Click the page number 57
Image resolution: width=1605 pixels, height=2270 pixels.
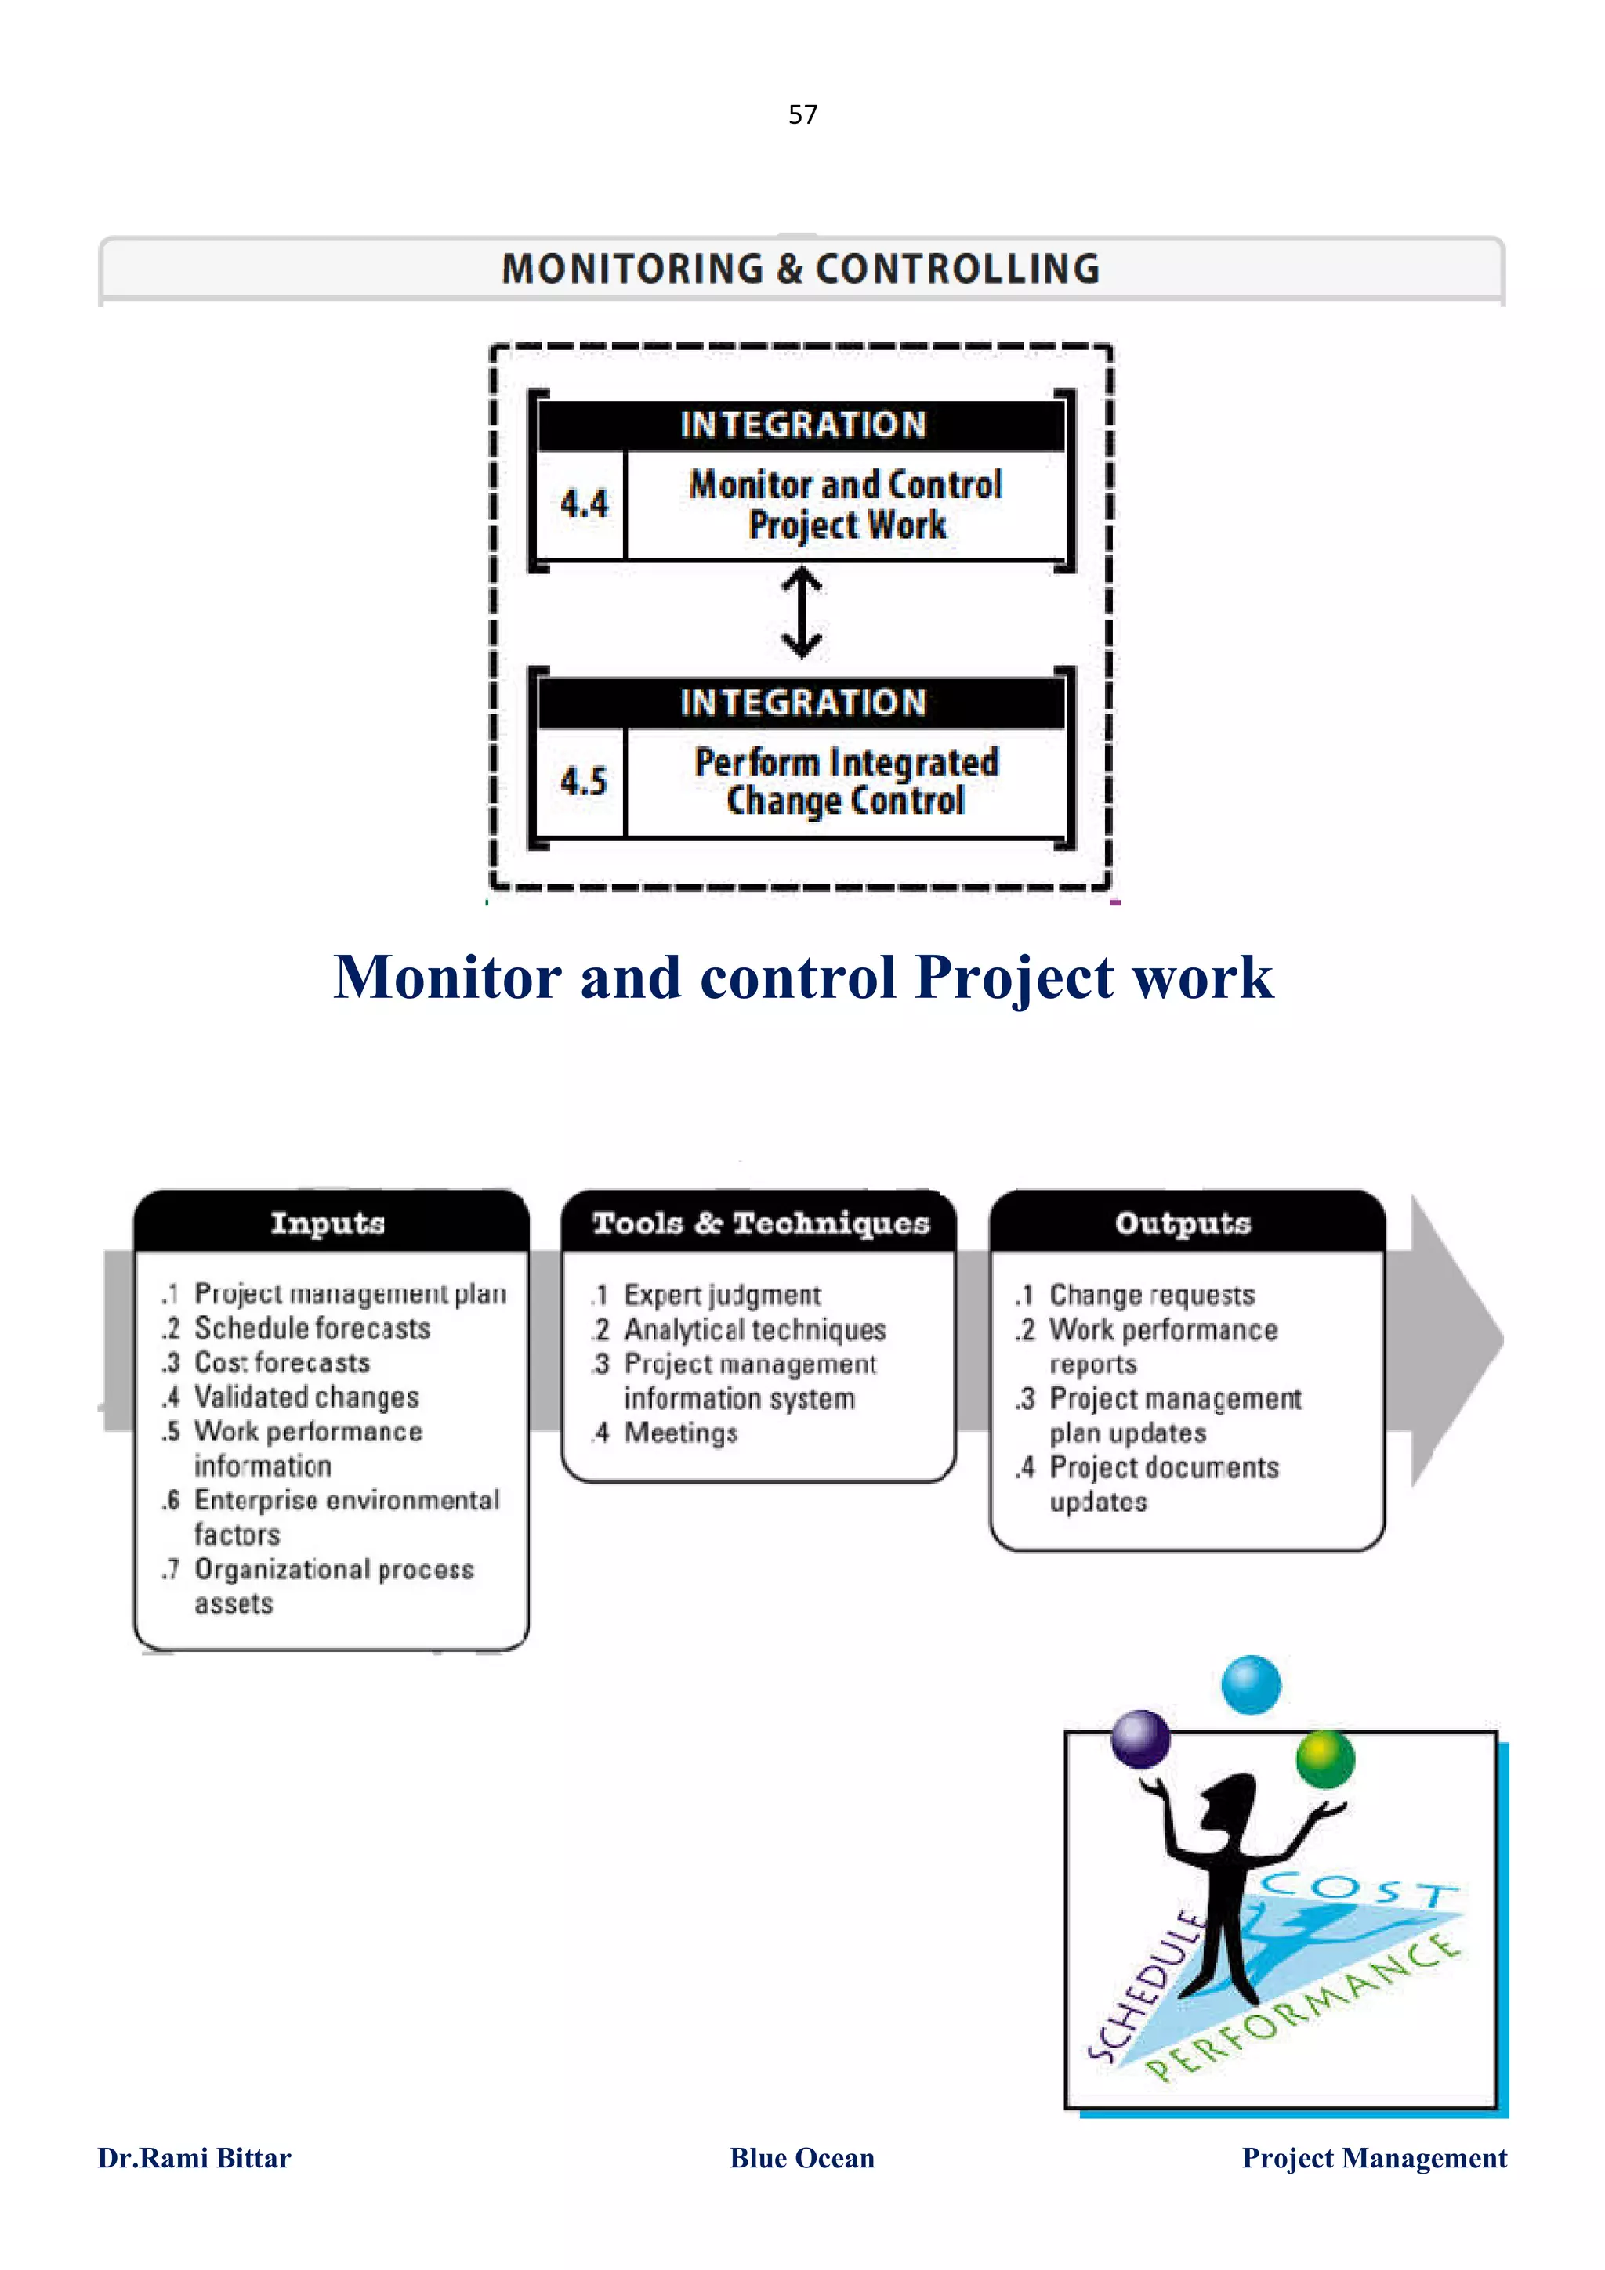point(802,114)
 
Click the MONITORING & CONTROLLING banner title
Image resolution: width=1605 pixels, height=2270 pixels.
point(801,269)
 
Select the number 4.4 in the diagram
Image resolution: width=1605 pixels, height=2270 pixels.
point(583,504)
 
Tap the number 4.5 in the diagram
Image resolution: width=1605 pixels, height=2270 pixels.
point(583,781)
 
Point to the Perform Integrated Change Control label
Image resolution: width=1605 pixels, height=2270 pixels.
point(846,781)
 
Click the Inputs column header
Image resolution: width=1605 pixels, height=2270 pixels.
point(328,1223)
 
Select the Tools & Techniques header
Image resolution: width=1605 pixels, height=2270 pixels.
point(760,1223)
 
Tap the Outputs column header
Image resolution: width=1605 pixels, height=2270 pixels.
point(1183,1223)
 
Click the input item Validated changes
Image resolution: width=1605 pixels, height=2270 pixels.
point(306,1397)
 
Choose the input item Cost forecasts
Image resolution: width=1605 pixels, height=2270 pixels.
point(282,1362)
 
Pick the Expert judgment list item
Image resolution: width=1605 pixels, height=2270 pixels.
point(722,1294)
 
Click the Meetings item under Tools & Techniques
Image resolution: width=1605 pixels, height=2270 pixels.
point(680,1433)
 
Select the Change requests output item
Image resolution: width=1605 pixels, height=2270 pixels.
point(1151,1294)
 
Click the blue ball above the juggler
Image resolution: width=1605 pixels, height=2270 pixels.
point(1251,1685)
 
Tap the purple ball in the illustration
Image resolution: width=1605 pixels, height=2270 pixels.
point(1140,1739)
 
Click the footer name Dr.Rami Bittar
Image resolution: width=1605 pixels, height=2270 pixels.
point(194,2157)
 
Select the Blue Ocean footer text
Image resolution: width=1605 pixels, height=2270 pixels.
point(802,2157)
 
